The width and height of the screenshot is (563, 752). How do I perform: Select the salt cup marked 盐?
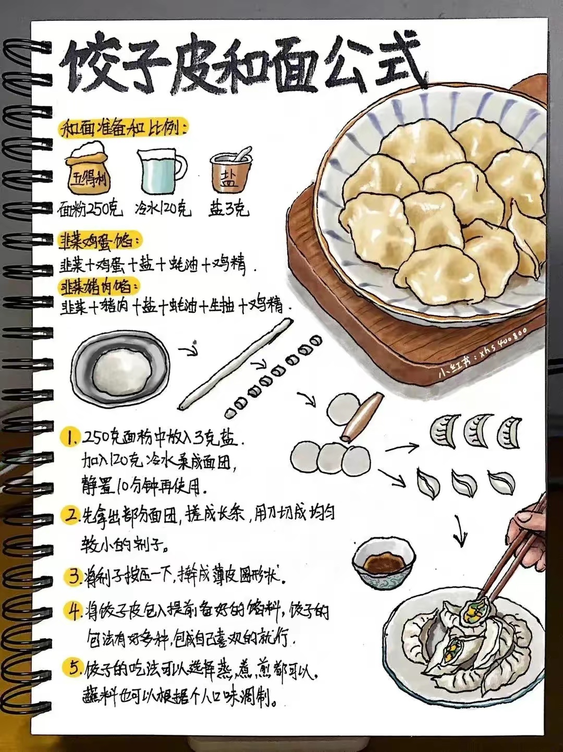click(230, 172)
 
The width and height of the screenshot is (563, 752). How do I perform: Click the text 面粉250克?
click(90, 210)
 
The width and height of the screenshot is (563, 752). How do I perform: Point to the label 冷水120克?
click(162, 210)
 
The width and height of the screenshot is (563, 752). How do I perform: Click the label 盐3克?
click(229, 209)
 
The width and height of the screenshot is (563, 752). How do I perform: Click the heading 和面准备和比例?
click(123, 128)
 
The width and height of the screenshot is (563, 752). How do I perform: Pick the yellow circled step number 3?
click(71, 576)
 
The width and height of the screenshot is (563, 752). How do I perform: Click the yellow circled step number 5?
click(71, 667)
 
